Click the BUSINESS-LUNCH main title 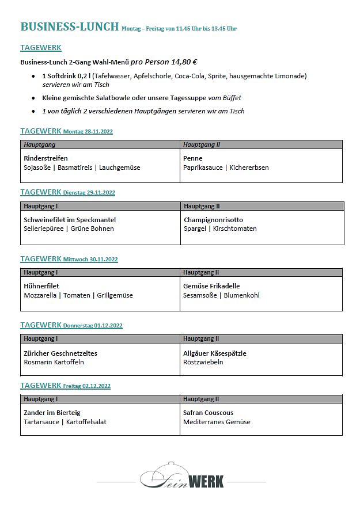click(x=69, y=26)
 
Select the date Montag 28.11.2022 click(x=88, y=132)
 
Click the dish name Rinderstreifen click(x=46, y=158)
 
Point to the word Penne click(x=192, y=158)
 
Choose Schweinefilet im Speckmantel click(x=70, y=219)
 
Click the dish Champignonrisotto click(x=213, y=219)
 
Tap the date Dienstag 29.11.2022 click(x=89, y=193)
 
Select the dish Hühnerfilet click(x=41, y=286)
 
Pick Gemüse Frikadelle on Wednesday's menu click(x=211, y=286)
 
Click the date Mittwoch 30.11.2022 click(x=90, y=260)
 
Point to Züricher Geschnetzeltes click(x=60, y=353)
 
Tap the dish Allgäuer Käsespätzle click(x=214, y=353)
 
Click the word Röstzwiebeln click(x=203, y=362)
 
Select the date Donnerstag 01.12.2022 click(x=93, y=326)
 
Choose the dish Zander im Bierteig click(x=52, y=413)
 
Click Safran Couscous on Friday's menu click(x=208, y=413)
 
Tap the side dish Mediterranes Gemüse click(x=217, y=422)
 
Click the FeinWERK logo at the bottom click(x=182, y=477)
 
